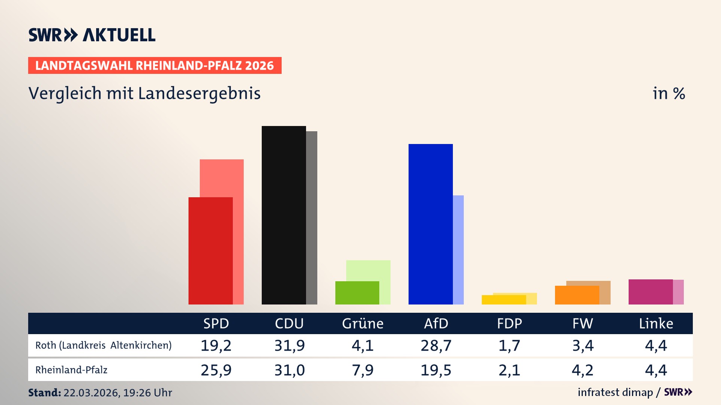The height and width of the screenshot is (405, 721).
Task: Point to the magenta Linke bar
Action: pyautogui.click(x=650, y=292)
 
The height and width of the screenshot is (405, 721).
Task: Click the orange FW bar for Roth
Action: pyautogui.click(x=577, y=295)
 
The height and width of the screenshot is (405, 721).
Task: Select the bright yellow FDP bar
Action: pyautogui.click(x=504, y=300)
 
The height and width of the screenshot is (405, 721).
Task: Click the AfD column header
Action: pyautogui.click(x=436, y=323)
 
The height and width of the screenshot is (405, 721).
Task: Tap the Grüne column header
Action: pyautogui.click(x=362, y=323)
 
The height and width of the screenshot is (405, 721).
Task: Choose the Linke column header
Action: pyautogui.click(x=656, y=323)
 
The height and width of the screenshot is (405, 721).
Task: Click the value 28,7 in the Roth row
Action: pyautogui.click(x=436, y=345)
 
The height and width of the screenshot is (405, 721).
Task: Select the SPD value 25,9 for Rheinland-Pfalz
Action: pyautogui.click(x=216, y=370)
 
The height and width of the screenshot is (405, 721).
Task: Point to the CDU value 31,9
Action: pyautogui.click(x=290, y=345)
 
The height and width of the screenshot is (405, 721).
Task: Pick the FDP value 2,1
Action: pyautogui.click(x=509, y=370)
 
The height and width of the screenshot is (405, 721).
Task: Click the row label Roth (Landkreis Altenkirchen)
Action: pyautogui.click(x=103, y=345)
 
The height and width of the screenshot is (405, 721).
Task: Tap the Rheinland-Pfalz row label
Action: pyautogui.click(x=71, y=370)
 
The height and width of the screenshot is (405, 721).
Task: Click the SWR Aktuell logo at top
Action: pyautogui.click(x=92, y=35)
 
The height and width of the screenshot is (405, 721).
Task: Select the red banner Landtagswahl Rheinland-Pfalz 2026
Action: pyautogui.click(x=154, y=65)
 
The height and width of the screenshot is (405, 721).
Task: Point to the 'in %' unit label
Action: pyautogui.click(x=668, y=93)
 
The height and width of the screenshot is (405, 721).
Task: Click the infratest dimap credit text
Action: pyautogui.click(x=615, y=392)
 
